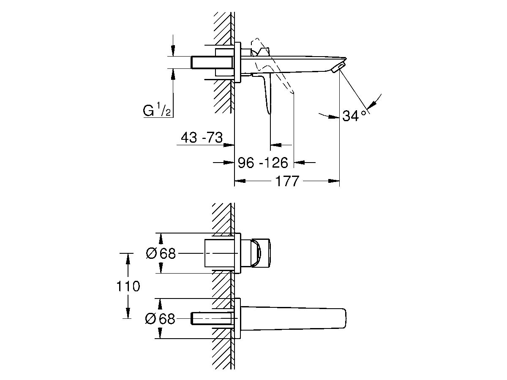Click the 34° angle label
tap(354, 116)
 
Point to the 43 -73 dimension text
tap(202, 138)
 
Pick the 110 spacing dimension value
tap(128, 286)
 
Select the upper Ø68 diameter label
tap(160, 253)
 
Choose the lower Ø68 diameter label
tap(160, 319)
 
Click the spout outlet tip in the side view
tap(340, 68)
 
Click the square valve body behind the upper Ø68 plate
tap(219, 253)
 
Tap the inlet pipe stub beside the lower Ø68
tap(211, 319)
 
